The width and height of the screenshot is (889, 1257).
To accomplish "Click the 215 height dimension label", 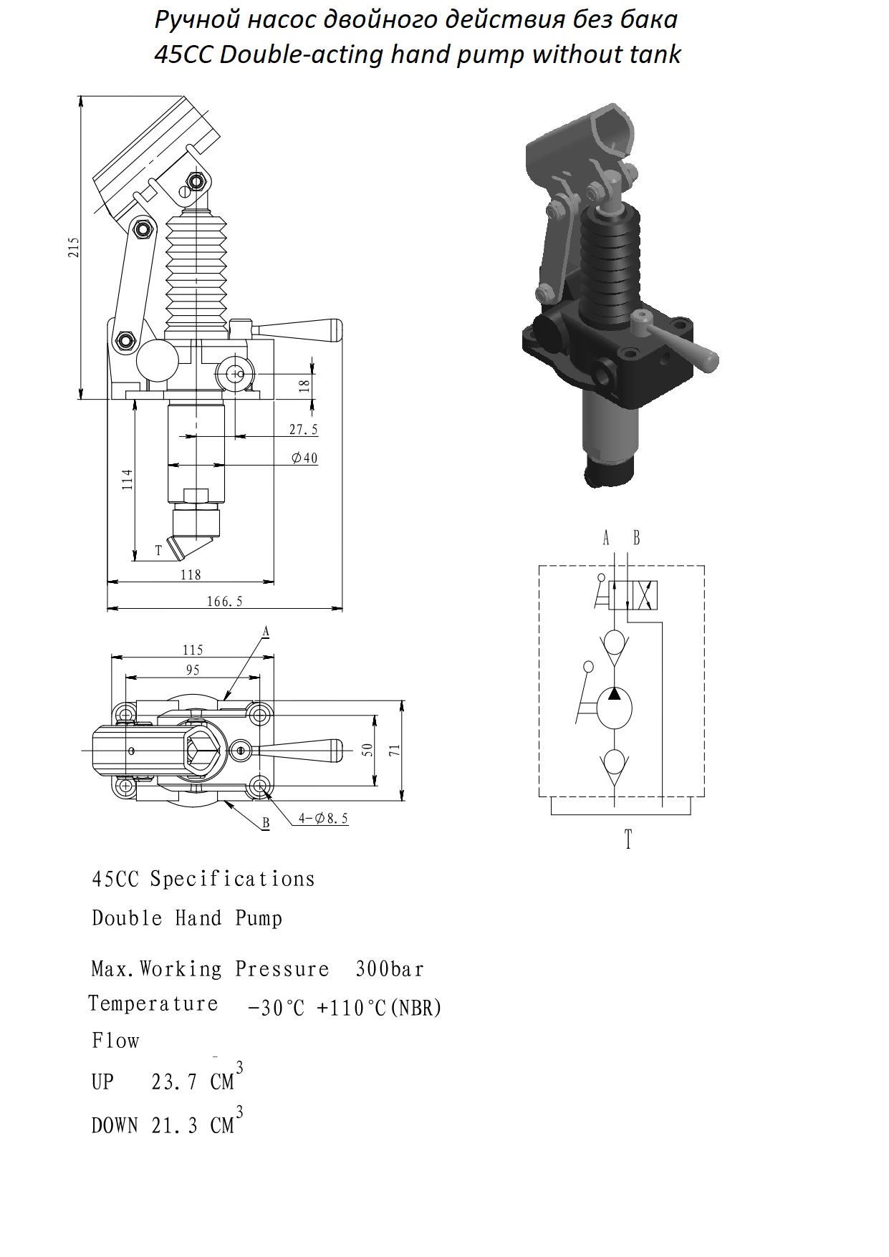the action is pos(74,247).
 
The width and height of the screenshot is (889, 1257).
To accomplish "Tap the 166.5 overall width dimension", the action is pos(225,602).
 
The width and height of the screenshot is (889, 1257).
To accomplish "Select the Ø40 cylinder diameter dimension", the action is pos(304,458).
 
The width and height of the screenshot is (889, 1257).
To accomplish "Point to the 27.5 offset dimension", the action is pos(303,430).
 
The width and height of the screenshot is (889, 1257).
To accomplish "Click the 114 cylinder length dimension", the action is pos(127,479).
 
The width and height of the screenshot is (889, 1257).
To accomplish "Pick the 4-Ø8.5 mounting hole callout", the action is pos(324,818).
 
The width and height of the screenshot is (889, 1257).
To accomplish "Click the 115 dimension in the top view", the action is pos(193,650).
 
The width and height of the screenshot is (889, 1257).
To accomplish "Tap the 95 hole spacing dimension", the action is pos(192,670).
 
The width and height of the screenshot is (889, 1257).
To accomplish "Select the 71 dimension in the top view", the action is pos(394,751).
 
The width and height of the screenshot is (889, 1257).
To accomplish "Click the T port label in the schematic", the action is pos(628,839).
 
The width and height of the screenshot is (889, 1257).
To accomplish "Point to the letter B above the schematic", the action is pos(636,538).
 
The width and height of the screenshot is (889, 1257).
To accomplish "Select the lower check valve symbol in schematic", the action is pos(614,764).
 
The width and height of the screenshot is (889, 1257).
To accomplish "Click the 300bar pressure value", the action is pos(390,969).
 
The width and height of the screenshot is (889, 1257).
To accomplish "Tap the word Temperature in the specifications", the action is pos(153,1003).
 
